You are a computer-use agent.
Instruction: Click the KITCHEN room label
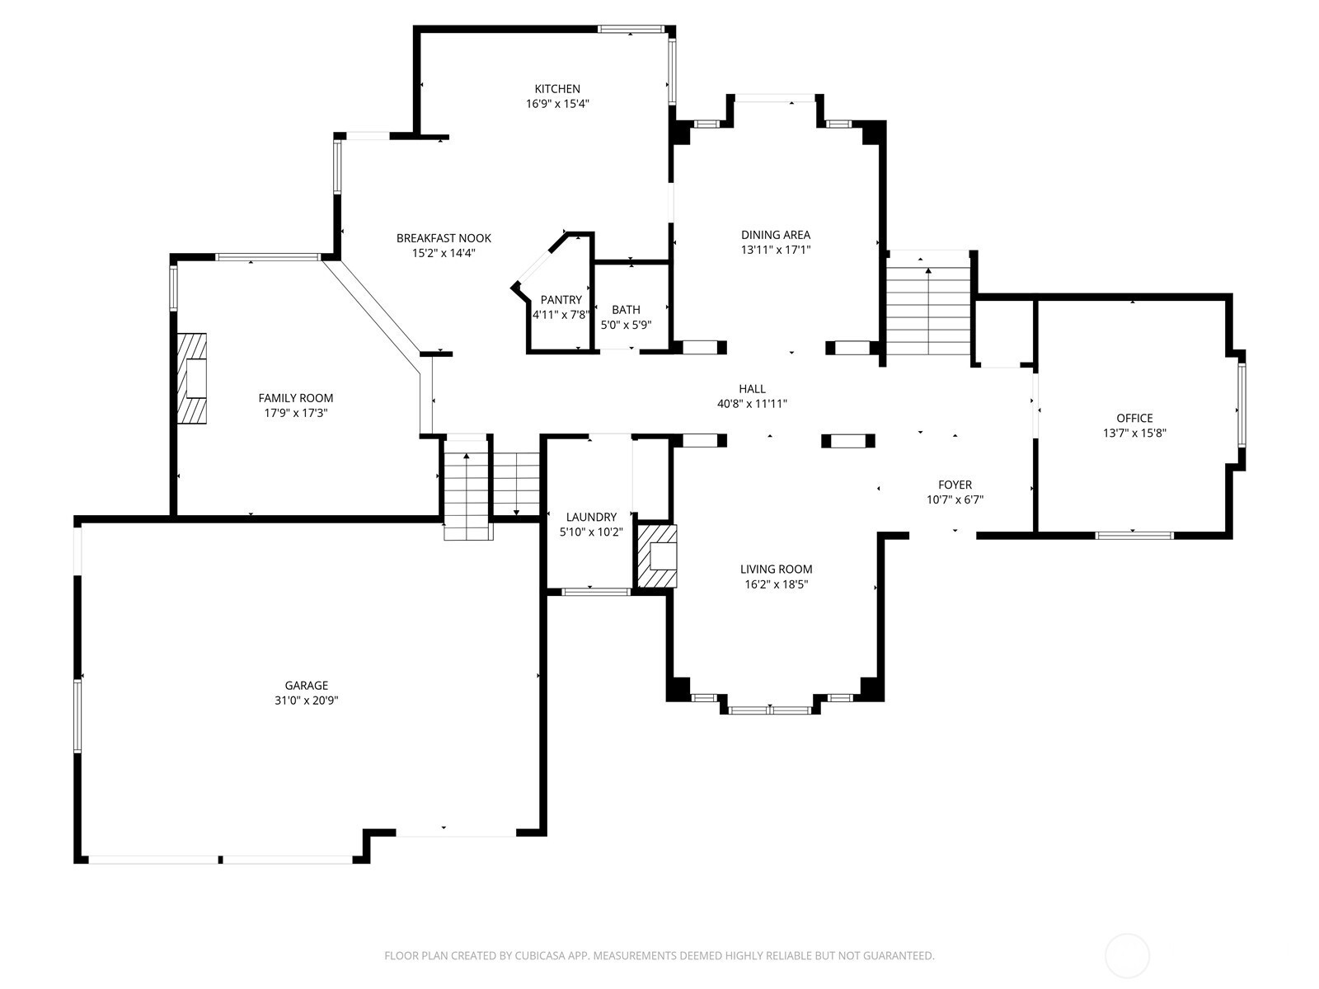pyautogui.click(x=557, y=89)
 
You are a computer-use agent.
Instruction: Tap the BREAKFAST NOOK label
pyautogui.click(x=444, y=238)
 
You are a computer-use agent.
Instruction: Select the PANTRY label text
pyautogui.click(x=561, y=300)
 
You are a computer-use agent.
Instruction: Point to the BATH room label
pyautogui.click(x=626, y=310)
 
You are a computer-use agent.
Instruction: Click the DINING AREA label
pyautogui.click(x=775, y=235)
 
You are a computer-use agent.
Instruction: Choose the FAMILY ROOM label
pyautogui.click(x=296, y=398)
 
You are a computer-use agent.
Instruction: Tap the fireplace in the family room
pyautogui.click(x=192, y=378)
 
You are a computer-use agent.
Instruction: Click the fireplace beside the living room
pyautogui.click(x=657, y=556)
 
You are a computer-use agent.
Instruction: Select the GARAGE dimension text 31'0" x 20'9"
pyautogui.click(x=307, y=701)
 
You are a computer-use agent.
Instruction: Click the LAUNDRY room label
pyautogui.click(x=591, y=517)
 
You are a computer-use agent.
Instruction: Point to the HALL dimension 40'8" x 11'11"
pyautogui.click(x=752, y=404)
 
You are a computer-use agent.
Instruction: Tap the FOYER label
pyautogui.click(x=955, y=485)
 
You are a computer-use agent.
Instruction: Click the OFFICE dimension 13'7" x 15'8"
pyautogui.click(x=1134, y=433)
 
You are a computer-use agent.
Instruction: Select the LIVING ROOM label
pyautogui.click(x=776, y=569)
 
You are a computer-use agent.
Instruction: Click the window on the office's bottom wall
pyautogui.click(x=1134, y=535)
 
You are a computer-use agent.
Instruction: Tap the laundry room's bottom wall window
pyautogui.click(x=595, y=592)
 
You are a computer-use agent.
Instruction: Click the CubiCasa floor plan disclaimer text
pyautogui.click(x=659, y=956)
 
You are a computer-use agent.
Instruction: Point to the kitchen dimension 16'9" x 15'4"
pyautogui.click(x=557, y=104)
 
